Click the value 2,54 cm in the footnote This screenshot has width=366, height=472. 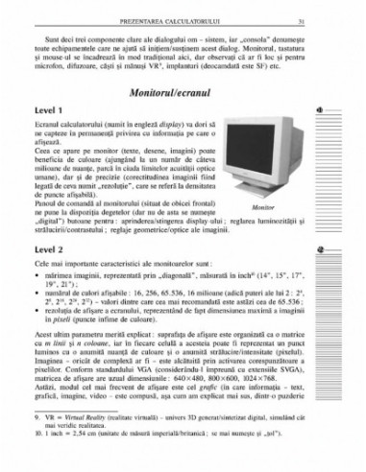pyautogui.click(x=85, y=435)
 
